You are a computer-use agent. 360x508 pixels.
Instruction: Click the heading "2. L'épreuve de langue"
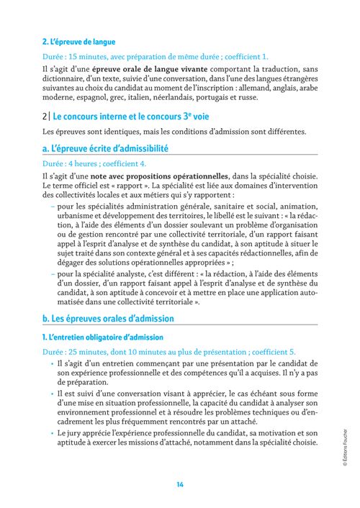point(78,42)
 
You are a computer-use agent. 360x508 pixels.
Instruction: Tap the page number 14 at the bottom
point(179,484)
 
